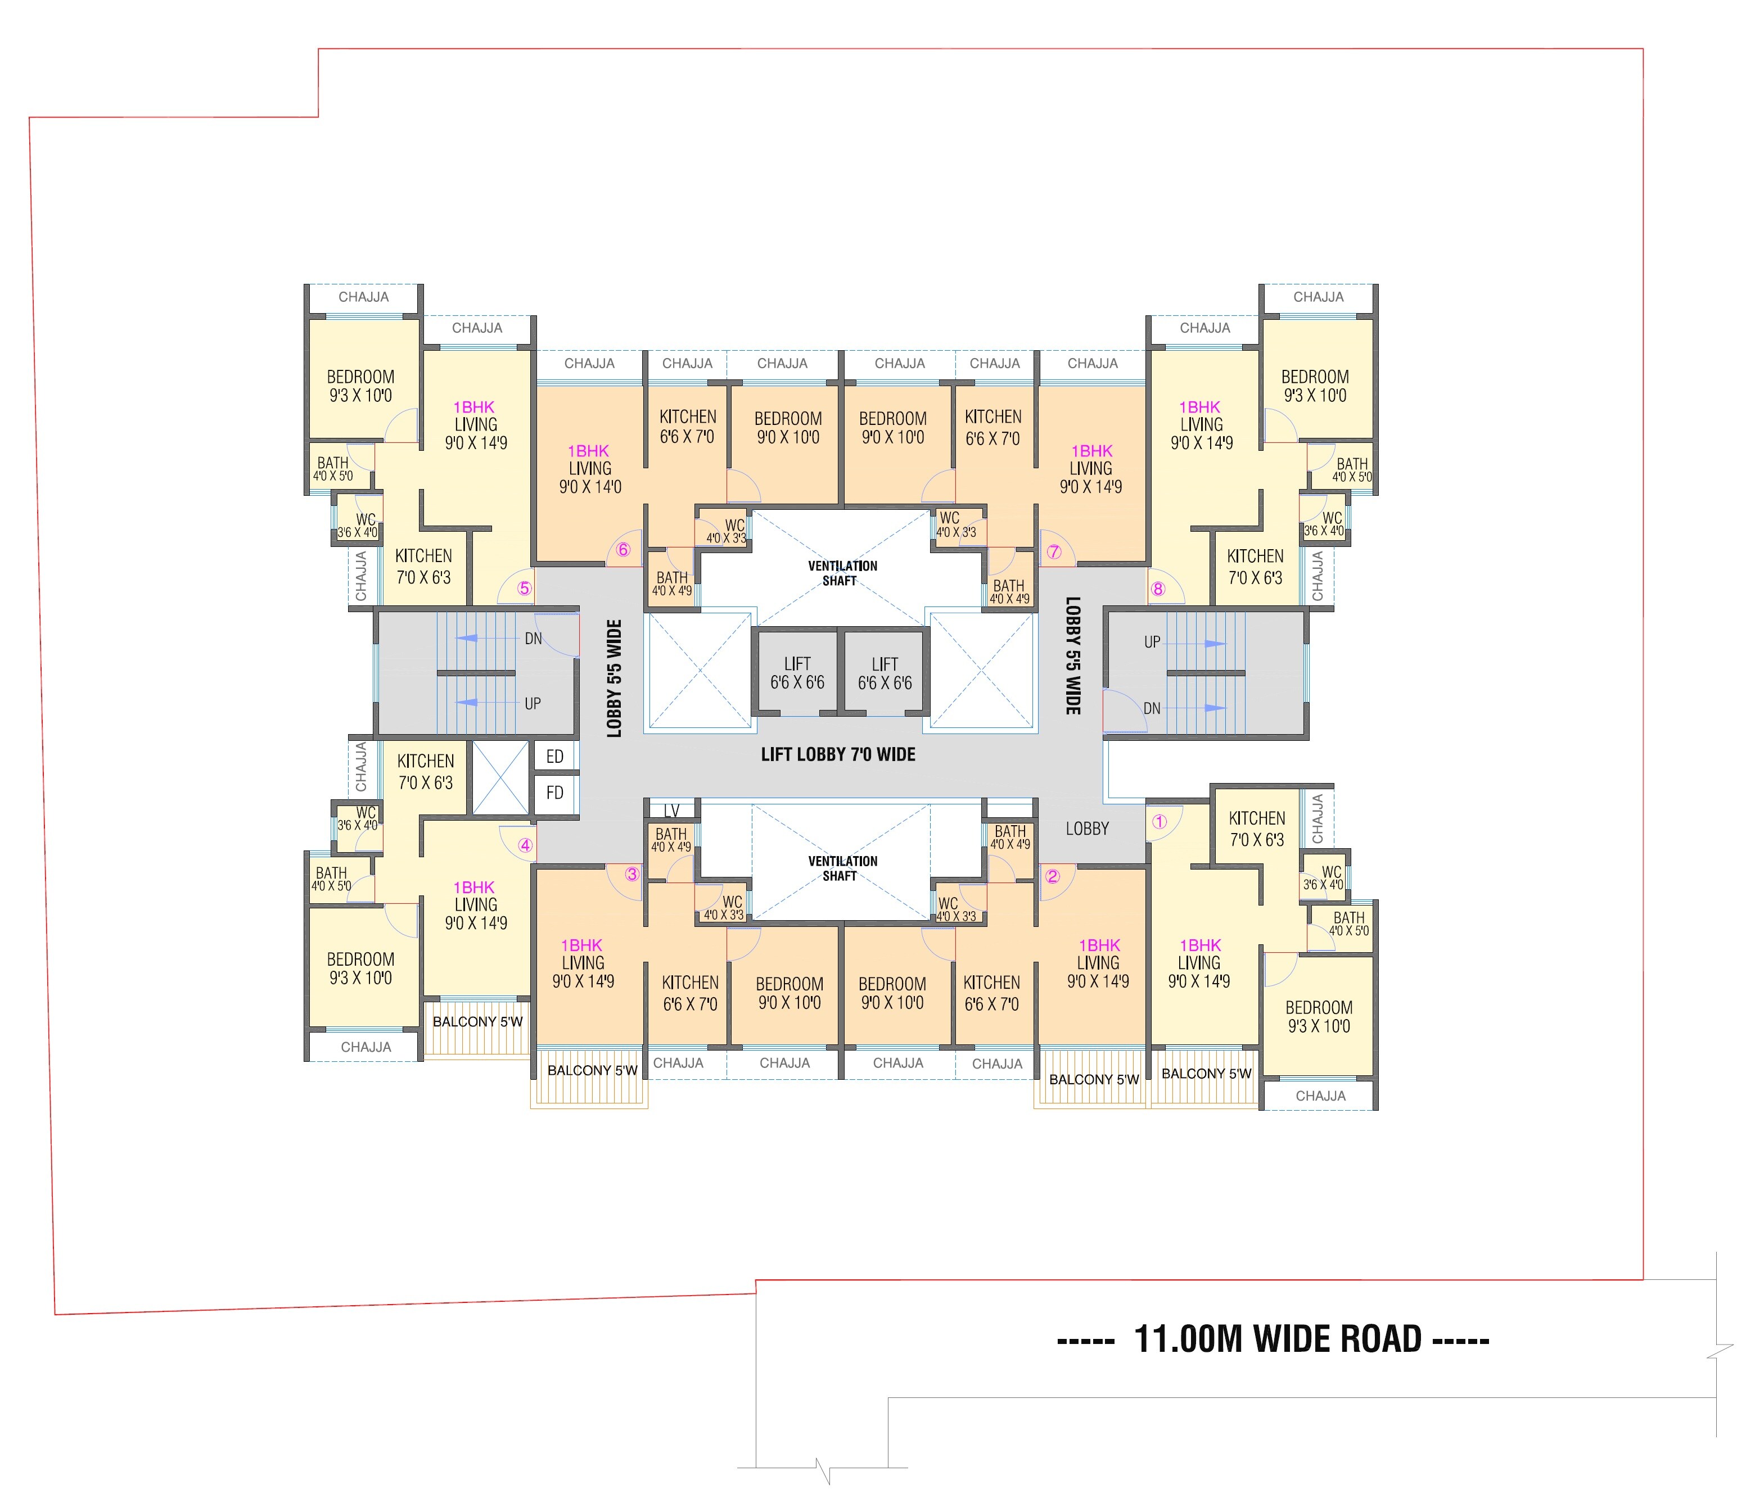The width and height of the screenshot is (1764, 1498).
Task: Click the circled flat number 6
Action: click(622, 549)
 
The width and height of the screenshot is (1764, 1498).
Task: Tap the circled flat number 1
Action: click(1160, 821)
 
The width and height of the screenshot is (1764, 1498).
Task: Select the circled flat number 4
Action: click(526, 845)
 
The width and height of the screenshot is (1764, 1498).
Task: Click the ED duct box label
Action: click(554, 757)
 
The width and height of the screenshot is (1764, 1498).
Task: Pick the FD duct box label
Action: click(554, 793)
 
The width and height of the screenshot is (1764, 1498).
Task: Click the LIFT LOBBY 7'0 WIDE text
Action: click(838, 754)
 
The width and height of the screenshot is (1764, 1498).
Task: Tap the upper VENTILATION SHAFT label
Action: click(842, 573)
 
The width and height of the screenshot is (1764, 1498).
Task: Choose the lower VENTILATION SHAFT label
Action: click(842, 868)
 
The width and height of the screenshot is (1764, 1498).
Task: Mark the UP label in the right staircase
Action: click(1152, 642)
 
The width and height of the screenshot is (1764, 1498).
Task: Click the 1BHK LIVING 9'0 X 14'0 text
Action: click(589, 469)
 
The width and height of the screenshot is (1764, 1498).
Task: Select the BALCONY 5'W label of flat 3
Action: click(592, 1070)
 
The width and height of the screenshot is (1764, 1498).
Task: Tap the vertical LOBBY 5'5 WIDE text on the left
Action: click(614, 678)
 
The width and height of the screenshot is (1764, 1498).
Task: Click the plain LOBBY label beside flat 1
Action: click(1087, 828)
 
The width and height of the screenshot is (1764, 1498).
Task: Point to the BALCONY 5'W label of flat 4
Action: click(477, 1021)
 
